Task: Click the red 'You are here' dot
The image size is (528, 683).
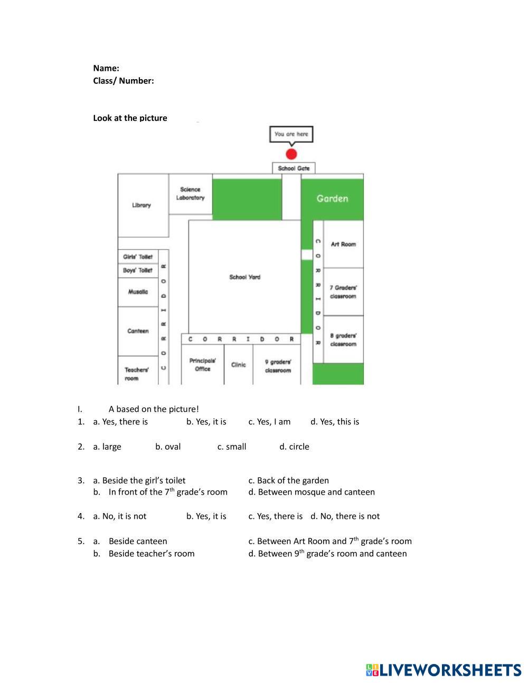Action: [291, 154]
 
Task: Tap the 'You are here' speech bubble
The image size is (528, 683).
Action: [291, 134]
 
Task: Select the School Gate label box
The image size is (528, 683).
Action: [294, 168]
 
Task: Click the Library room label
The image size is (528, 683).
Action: [142, 205]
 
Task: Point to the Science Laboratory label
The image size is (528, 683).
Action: [190, 193]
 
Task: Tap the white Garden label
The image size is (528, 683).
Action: [332, 198]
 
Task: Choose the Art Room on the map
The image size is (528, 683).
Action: [343, 244]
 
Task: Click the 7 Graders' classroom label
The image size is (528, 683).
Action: [343, 292]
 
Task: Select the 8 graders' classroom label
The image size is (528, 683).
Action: [343, 340]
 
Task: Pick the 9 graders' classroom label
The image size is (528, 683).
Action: [278, 366]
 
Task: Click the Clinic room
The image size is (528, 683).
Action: [239, 365]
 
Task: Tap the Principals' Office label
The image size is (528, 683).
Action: [203, 365]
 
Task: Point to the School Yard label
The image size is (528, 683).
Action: [244, 277]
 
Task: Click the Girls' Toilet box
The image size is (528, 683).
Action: [138, 257]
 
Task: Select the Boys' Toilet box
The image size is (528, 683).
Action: [138, 270]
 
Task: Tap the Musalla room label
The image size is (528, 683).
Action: [138, 292]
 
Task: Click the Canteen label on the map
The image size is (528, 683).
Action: [138, 331]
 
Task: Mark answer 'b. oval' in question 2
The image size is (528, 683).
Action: [168, 447]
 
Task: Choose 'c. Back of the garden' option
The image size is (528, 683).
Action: [288, 480]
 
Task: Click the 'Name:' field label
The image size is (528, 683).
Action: [106, 68]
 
